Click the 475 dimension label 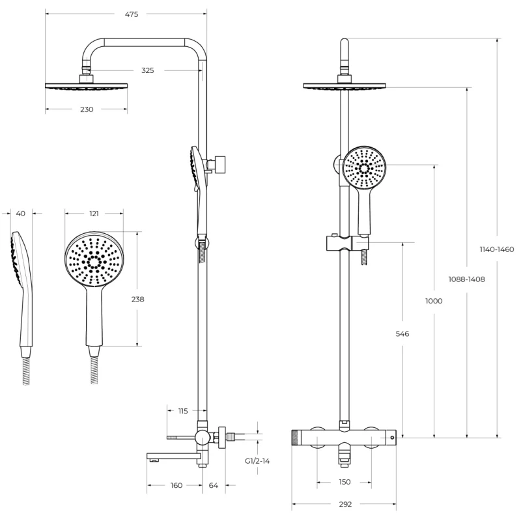point(132,14)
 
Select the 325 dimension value point(147,70)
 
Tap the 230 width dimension point(87,109)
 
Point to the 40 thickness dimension point(20,213)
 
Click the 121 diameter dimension point(95,213)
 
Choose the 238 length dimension point(137,300)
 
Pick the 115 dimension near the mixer point(183,411)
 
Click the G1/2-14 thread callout point(257,460)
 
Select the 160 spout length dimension point(176,485)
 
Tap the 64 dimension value point(214,485)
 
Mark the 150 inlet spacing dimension point(345,482)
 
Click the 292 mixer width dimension point(345,503)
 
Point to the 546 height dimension point(402,334)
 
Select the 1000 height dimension point(434,301)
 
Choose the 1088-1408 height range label point(466,279)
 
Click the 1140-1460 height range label point(497,249)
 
